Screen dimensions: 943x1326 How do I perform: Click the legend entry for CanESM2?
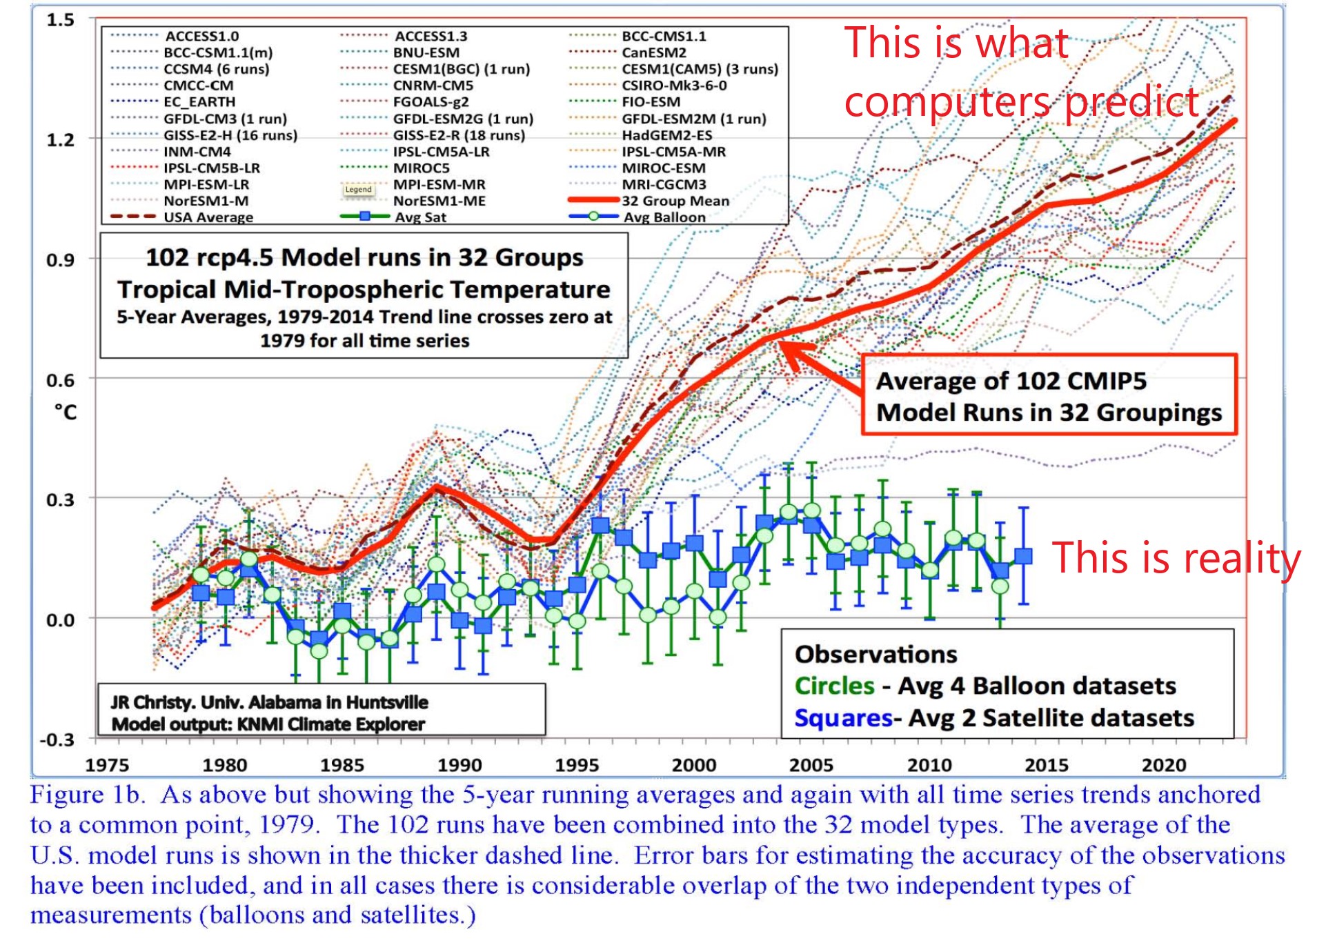click(x=653, y=52)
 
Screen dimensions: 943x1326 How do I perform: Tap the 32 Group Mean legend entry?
click(x=675, y=201)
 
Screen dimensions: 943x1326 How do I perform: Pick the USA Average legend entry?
click(x=208, y=217)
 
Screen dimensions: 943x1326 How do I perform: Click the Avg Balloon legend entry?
click(x=664, y=217)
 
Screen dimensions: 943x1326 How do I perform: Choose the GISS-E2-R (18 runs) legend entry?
click(x=459, y=135)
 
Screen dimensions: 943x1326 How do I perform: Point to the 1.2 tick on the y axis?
click(x=60, y=140)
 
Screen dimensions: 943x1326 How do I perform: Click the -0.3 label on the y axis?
click(x=57, y=740)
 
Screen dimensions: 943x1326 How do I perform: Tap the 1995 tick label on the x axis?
click(x=577, y=765)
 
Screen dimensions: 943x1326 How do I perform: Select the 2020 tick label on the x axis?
click(x=1164, y=765)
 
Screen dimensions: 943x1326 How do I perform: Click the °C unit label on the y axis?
click(x=66, y=413)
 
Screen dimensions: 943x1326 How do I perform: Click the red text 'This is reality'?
click(x=1176, y=557)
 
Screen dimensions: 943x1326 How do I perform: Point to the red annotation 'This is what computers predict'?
click(x=1021, y=72)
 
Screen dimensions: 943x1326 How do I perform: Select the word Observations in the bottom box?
click(x=875, y=654)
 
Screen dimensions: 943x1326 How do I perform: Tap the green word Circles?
click(x=834, y=686)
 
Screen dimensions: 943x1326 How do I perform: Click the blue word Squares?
click(x=843, y=718)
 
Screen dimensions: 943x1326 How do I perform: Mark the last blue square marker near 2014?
click(x=1024, y=556)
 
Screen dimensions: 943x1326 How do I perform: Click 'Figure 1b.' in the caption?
click(x=88, y=795)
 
